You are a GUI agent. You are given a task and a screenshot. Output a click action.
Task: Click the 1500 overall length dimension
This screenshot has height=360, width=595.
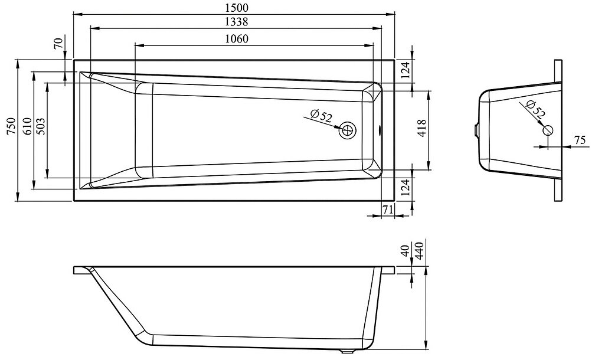(235, 7)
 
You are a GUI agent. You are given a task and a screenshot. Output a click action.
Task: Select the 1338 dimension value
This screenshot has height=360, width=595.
(235, 22)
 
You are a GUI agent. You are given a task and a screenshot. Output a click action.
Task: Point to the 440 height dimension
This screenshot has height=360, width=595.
(420, 250)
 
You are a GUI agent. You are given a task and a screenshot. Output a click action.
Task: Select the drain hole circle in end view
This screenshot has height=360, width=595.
(548, 130)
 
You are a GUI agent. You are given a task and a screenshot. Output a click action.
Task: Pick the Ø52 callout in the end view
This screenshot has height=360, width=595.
(534, 109)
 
